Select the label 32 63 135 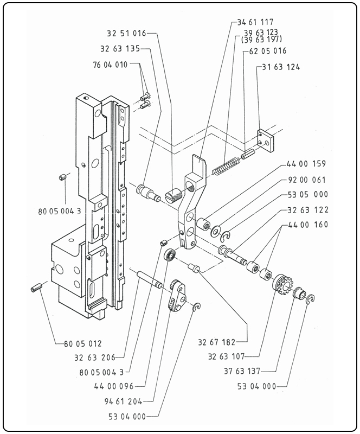point(120,48)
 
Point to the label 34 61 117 point(255,22)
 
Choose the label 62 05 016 point(268,51)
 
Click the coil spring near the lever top point(226,165)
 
